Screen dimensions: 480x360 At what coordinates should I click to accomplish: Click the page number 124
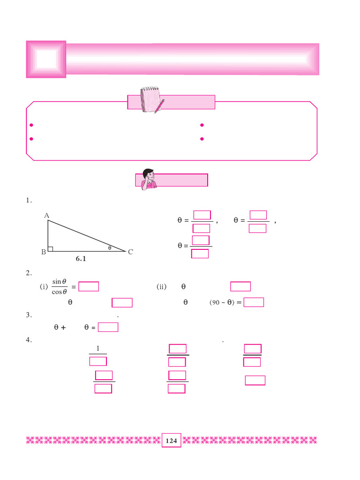tap(171, 441)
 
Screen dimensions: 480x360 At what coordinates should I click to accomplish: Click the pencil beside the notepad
tap(160, 105)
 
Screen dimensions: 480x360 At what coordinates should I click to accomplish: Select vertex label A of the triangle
tap(46, 216)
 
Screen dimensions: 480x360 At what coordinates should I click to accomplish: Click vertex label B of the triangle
tap(43, 252)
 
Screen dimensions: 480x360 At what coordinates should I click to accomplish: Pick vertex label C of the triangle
tap(130, 252)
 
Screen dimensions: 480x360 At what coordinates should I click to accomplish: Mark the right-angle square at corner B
tap(51, 249)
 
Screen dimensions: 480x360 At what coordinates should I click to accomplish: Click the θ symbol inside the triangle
tap(110, 247)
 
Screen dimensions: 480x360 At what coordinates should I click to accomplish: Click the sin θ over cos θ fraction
tap(60, 286)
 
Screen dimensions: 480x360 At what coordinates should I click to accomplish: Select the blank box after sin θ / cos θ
tap(89, 286)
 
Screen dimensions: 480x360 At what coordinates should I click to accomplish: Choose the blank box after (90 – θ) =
tap(254, 302)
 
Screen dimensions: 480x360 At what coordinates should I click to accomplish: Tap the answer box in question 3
tap(108, 327)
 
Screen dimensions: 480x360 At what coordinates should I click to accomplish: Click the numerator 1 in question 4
tap(97, 348)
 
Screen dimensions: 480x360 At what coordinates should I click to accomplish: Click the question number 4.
tap(29, 341)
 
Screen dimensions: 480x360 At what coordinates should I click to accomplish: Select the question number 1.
tap(29, 200)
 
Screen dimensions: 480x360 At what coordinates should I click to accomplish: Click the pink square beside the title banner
tap(46, 59)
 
